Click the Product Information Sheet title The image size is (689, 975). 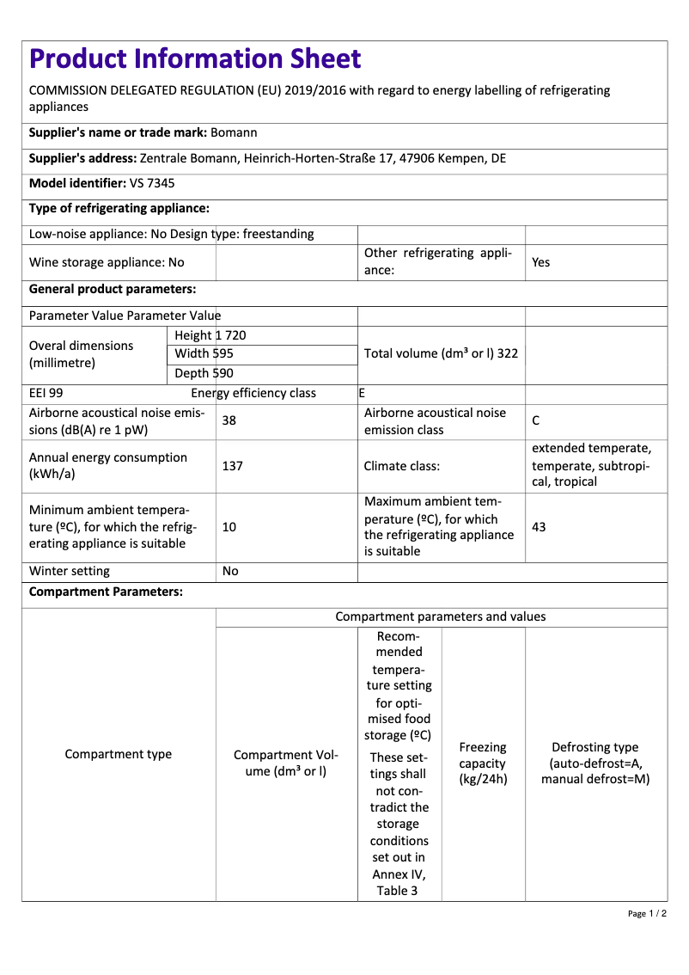click(x=195, y=58)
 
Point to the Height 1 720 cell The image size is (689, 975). click(x=210, y=335)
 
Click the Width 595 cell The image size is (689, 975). click(x=204, y=354)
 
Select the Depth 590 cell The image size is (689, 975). click(x=204, y=373)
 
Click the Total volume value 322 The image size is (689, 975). click(x=507, y=353)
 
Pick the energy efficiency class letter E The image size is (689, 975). click(x=362, y=393)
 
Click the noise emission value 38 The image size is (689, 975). click(x=229, y=421)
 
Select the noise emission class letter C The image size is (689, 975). click(x=536, y=421)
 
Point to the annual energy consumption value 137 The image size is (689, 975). click(x=232, y=466)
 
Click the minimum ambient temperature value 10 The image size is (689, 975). click(x=229, y=527)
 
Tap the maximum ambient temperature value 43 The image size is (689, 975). click(x=539, y=527)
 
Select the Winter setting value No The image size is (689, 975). click(x=230, y=571)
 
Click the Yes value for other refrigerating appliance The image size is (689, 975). click(x=540, y=262)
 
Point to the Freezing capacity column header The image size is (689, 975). click(x=483, y=763)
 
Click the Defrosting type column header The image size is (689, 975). click(x=595, y=763)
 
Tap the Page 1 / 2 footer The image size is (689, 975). click(x=647, y=913)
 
